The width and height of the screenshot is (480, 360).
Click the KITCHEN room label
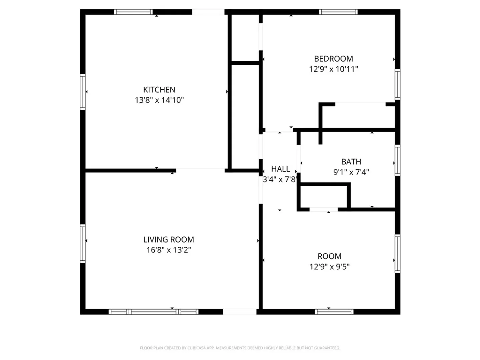click(159, 90)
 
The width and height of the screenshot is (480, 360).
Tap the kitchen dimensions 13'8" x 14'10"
click(159, 100)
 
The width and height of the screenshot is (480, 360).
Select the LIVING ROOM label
click(169, 240)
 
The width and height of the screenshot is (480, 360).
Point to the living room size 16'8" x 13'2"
click(169, 250)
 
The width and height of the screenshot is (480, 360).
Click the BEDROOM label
click(333, 59)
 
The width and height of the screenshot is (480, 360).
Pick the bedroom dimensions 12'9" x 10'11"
click(333, 69)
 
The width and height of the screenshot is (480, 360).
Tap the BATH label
click(351, 162)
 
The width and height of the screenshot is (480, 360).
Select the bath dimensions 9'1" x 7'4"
click(351, 172)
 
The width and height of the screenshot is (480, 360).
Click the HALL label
click(281, 169)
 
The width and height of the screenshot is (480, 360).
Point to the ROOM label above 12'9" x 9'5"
click(330, 256)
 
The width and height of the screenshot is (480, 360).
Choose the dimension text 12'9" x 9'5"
click(330, 267)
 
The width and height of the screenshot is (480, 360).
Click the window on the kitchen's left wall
click(83, 92)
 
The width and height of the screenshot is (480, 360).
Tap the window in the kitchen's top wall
click(133, 12)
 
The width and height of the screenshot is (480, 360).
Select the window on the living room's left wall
click(83, 243)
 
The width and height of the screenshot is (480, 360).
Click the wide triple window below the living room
click(154, 312)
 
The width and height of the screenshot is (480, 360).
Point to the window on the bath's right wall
click(398, 160)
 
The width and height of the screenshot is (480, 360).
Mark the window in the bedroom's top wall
click(338, 12)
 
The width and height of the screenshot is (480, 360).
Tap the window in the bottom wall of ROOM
click(334, 312)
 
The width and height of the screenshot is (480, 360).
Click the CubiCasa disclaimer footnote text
click(240, 348)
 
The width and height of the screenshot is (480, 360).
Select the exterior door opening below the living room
click(240, 312)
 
